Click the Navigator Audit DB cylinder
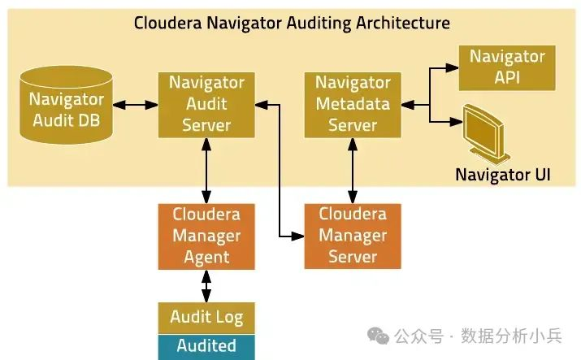click(66, 105)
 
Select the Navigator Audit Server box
click(206, 105)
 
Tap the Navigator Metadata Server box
click(353, 105)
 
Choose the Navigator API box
click(507, 67)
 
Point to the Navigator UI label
click(503, 175)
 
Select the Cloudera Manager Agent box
click(206, 236)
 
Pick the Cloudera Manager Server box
click(353, 236)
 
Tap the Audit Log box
click(206, 318)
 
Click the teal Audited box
click(206, 347)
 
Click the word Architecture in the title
click(403, 23)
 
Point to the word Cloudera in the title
click(168, 23)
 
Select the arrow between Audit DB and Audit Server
click(135, 105)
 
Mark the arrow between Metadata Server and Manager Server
click(353, 171)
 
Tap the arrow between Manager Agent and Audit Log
click(206, 286)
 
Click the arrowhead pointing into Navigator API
click(452, 67)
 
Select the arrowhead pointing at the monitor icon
click(456, 121)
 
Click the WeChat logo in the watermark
click(378, 336)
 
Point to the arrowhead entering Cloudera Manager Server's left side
click(297, 236)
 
